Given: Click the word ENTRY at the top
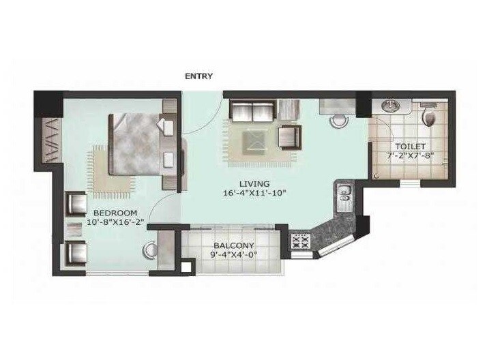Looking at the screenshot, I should click(x=199, y=76).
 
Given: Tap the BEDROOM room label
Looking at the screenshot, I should click(x=115, y=212).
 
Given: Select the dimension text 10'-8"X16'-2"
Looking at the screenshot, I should click(x=116, y=222).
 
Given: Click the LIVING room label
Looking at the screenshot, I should click(x=254, y=183).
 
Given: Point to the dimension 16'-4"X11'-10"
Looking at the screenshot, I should click(x=254, y=193).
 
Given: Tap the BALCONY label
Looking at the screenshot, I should click(x=234, y=245).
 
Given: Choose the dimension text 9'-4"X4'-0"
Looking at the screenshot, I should click(x=234, y=256).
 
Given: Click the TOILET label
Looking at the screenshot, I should click(x=411, y=147).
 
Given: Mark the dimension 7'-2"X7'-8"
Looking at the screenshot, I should click(x=411, y=156).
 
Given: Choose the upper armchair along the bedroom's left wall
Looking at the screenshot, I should click(x=75, y=202).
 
